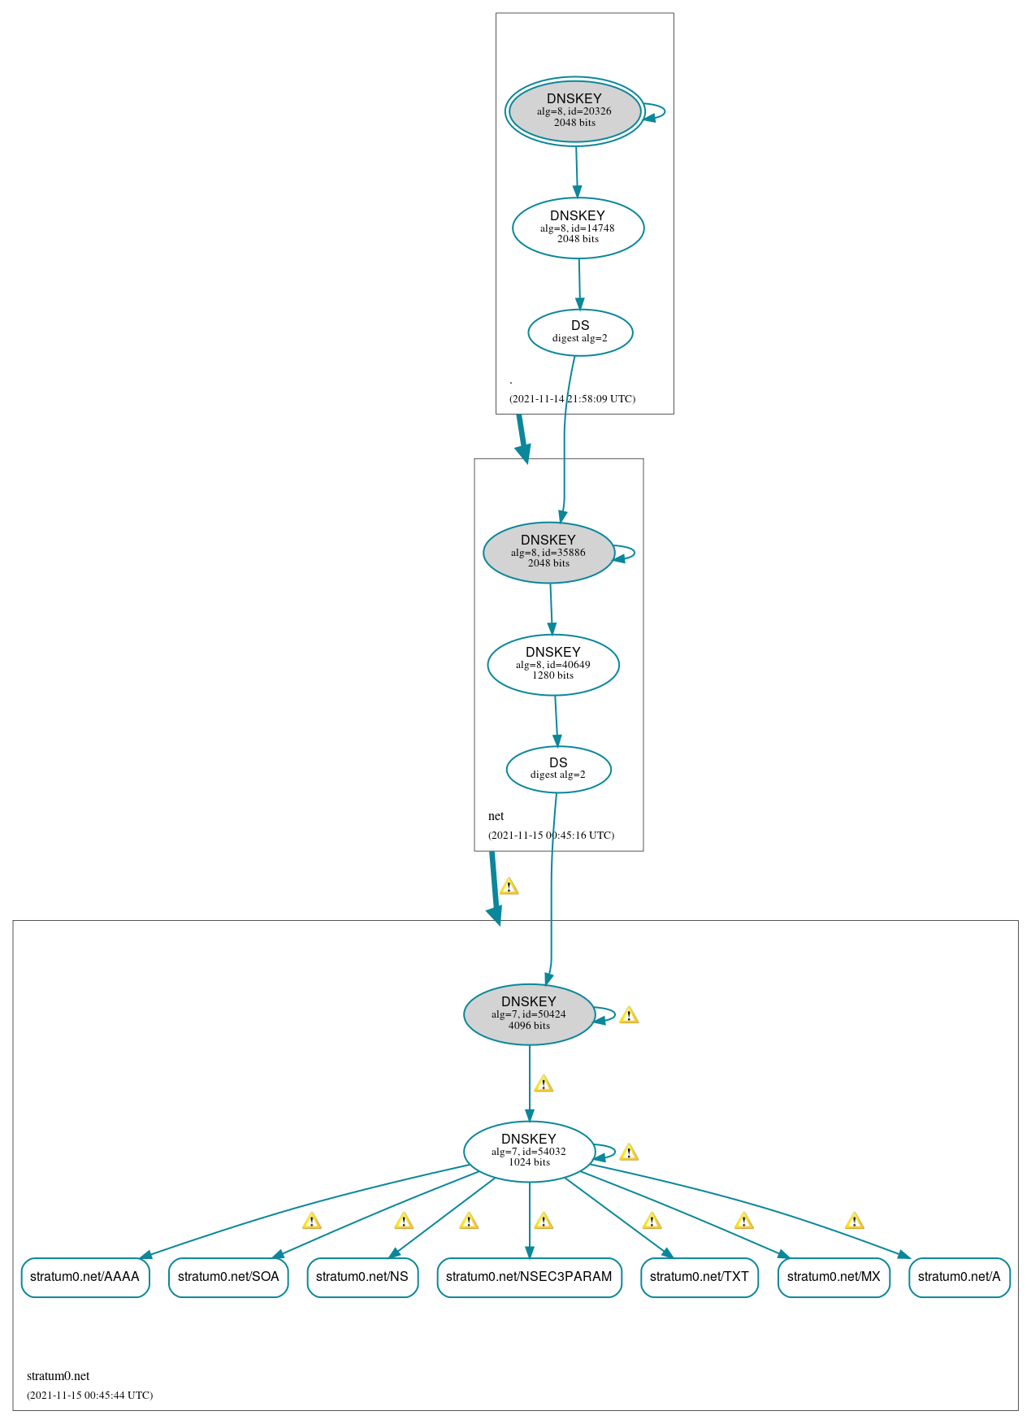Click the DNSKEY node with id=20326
[574, 111]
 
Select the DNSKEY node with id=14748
[578, 228]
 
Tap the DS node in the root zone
[580, 332]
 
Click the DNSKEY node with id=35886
[548, 553]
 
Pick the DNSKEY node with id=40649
[553, 665]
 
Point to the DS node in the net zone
[558, 769]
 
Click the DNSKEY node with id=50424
[529, 1014]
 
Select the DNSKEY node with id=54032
[529, 1152]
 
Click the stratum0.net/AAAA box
[85, 1277]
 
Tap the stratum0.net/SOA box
[228, 1277]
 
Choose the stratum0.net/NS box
[362, 1277]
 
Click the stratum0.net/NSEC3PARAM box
[529, 1277]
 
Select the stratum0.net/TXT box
[700, 1277]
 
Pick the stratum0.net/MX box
[834, 1277]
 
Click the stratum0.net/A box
[960, 1277]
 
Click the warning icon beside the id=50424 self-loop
[629, 1015]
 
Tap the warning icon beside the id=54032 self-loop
[629, 1153]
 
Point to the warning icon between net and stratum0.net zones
[509, 887]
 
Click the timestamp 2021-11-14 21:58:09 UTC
[572, 399]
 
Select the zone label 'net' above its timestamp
[496, 816]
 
